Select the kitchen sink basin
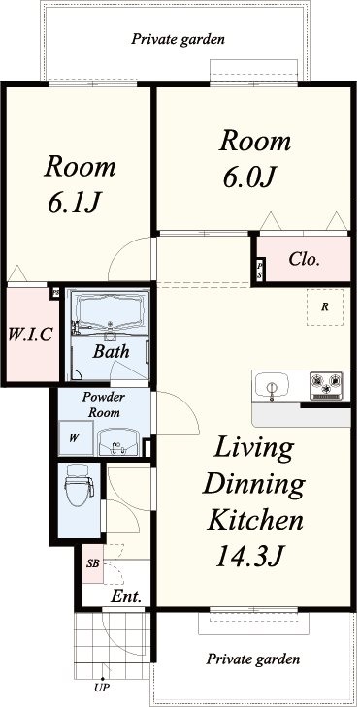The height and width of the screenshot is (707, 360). [271, 386]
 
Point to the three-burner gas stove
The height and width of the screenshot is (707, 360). [327, 386]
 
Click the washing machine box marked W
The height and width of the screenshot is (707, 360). [77, 437]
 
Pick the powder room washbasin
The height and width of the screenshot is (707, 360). [119, 442]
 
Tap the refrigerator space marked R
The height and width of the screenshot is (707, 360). [324, 307]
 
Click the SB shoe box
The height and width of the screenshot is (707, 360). [92, 563]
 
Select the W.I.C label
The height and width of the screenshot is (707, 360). [30, 335]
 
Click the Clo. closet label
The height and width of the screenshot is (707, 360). [305, 259]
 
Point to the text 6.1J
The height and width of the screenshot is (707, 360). [73, 204]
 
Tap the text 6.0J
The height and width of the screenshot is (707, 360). [248, 177]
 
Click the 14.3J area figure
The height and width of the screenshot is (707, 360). [249, 557]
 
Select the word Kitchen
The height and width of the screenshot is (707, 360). [254, 520]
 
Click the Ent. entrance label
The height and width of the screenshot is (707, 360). [126, 597]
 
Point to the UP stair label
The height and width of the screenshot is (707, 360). [102, 688]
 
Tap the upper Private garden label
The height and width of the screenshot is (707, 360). [178, 39]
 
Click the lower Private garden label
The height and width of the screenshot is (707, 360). [253, 659]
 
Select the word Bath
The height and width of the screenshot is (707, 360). [111, 352]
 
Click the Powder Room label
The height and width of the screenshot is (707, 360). [104, 404]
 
